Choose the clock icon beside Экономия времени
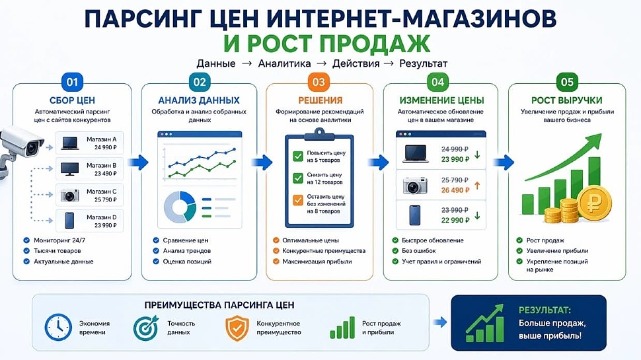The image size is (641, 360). pyautogui.click(x=58, y=328)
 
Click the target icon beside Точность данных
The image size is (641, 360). pyautogui.click(x=147, y=328)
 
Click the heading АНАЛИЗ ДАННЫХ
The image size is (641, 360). pyautogui.click(x=198, y=100)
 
